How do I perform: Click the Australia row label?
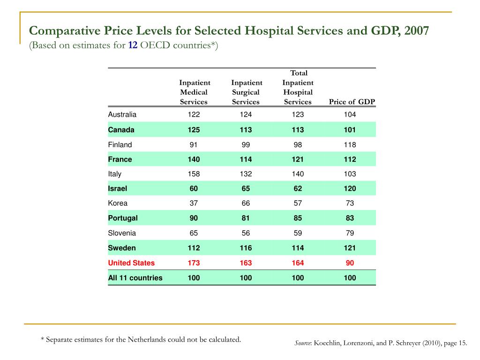(x=122, y=114)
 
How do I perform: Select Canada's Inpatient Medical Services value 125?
(x=194, y=130)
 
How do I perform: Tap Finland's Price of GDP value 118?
(x=350, y=145)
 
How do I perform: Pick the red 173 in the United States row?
(x=194, y=263)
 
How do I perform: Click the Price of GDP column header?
(x=352, y=102)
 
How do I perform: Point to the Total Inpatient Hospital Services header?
(x=298, y=87)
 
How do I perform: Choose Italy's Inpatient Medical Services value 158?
(x=194, y=174)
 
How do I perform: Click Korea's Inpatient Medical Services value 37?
(x=194, y=203)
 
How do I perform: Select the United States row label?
(x=131, y=263)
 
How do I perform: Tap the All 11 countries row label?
(x=135, y=278)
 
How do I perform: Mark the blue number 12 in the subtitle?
(x=133, y=45)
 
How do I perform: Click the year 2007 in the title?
(x=416, y=30)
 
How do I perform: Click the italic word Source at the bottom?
(x=303, y=343)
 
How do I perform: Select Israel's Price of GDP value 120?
(x=350, y=188)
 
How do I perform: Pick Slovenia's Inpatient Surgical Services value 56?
(x=246, y=233)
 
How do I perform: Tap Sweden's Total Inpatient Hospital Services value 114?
(x=298, y=248)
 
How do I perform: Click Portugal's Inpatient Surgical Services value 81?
(x=246, y=218)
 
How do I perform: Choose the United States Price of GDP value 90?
(x=350, y=263)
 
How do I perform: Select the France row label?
(x=120, y=159)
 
